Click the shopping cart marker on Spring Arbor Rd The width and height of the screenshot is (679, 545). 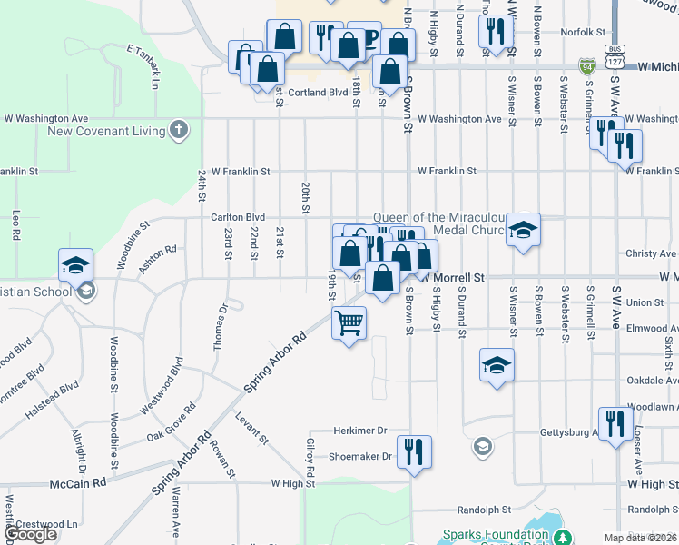tap(349, 323)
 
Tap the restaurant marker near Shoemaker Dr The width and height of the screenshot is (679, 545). tap(414, 451)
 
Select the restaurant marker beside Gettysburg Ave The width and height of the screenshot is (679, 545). tap(615, 423)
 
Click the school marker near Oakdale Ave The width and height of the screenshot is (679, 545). tap(497, 365)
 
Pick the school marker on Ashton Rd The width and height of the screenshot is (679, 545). tap(76, 265)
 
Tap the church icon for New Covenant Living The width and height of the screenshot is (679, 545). tap(179, 130)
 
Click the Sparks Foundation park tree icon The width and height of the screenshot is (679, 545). tap(564, 538)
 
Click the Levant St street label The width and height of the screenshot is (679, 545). tap(252, 427)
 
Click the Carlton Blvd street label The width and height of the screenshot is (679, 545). tap(237, 218)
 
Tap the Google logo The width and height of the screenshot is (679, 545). tap(31, 534)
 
